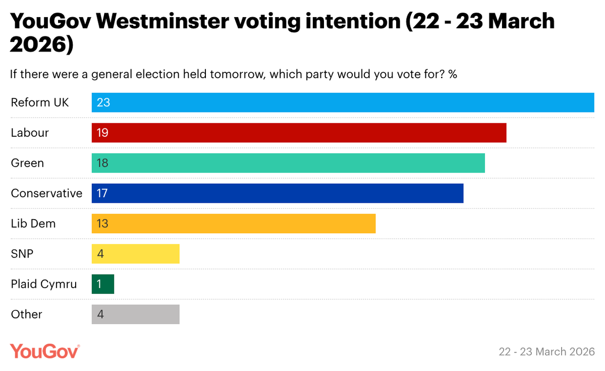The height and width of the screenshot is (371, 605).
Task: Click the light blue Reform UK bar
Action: point(343,102)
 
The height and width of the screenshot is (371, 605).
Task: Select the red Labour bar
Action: point(299,133)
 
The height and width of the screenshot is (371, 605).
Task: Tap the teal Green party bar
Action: point(288,163)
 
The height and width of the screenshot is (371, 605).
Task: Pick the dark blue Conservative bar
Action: point(278,193)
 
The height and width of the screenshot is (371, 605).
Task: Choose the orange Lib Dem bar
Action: point(234,224)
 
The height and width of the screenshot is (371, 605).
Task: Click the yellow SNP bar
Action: point(135,254)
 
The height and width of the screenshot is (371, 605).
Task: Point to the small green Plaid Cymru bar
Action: point(103,284)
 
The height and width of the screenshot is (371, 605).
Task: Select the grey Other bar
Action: point(135,314)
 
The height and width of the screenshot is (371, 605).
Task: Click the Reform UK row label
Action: point(40,102)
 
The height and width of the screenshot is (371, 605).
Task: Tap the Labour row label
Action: point(30,133)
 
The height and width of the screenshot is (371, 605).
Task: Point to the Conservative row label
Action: point(46,193)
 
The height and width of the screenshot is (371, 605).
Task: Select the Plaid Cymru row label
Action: point(44,284)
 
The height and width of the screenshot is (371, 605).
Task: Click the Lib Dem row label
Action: point(33,224)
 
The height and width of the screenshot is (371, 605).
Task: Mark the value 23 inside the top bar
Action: point(103,102)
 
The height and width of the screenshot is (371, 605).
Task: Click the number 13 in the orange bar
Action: point(102,224)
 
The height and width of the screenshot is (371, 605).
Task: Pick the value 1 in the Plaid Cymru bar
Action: point(99,284)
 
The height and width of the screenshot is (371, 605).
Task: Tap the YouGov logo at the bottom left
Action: point(45,351)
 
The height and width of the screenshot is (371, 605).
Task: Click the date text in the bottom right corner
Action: point(546,351)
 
